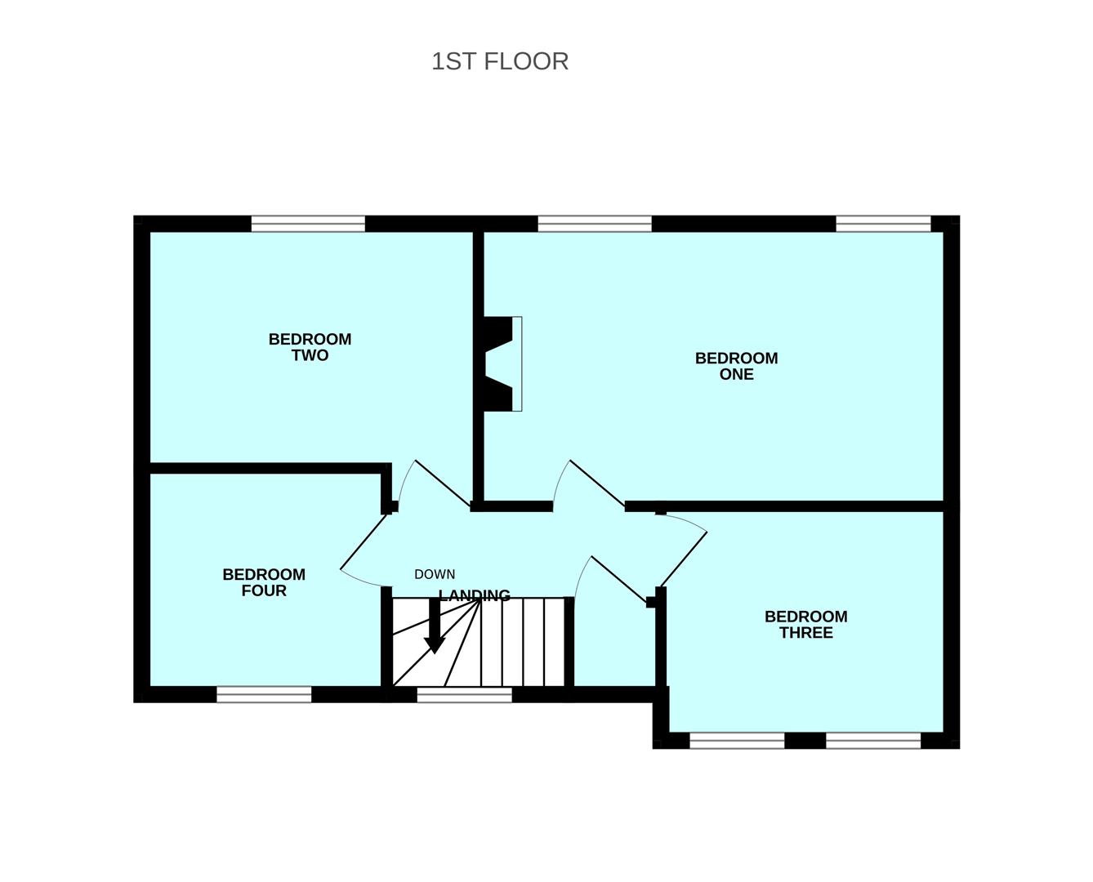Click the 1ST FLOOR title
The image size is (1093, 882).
tap(499, 61)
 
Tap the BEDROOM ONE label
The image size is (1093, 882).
tap(736, 366)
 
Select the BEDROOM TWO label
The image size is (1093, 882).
tap(310, 347)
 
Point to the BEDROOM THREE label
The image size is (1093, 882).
tap(805, 625)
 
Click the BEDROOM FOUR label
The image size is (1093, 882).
tap(264, 582)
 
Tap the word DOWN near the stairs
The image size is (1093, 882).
tap(434, 574)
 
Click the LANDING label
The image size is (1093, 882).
tap(474, 595)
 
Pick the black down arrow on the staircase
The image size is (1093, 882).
tap(435, 626)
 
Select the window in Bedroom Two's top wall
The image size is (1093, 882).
tap(308, 224)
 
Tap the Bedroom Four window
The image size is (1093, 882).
tap(264, 694)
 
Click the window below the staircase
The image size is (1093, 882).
tap(464, 694)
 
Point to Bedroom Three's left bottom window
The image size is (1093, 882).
tap(737, 741)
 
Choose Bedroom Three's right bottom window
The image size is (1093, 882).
tap(873, 741)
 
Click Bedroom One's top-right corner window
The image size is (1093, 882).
tap(883, 224)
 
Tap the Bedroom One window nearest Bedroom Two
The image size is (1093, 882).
tap(595, 224)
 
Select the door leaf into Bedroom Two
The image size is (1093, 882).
tap(444, 483)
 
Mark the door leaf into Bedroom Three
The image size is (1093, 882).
tap(684, 559)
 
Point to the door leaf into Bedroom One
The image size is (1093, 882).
tap(598, 483)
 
